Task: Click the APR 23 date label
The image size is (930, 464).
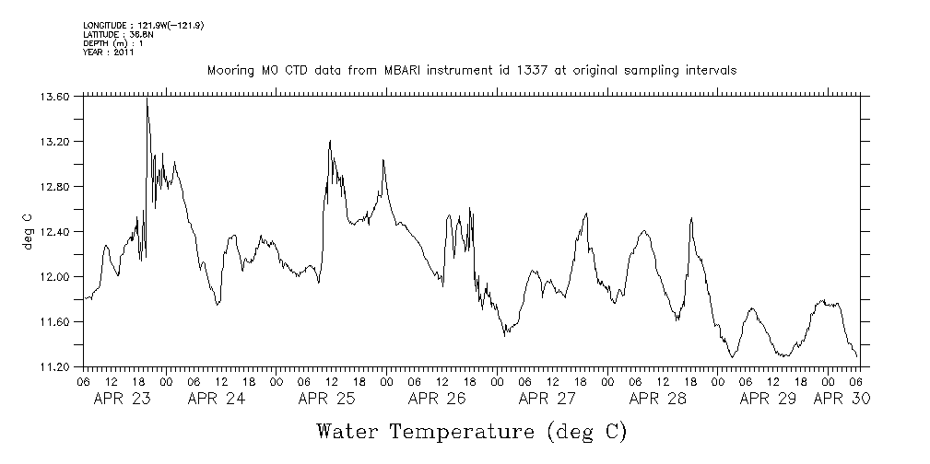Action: click(124, 399)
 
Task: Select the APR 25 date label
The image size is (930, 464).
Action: click(326, 399)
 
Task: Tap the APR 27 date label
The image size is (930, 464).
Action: click(547, 399)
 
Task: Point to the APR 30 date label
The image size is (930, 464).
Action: click(841, 399)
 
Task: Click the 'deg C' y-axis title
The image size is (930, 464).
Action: click(28, 231)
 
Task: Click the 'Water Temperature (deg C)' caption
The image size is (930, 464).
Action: click(472, 431)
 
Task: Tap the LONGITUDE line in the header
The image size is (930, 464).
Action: click(143, 25)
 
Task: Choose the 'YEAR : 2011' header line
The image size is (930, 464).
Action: click(109, 52)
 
